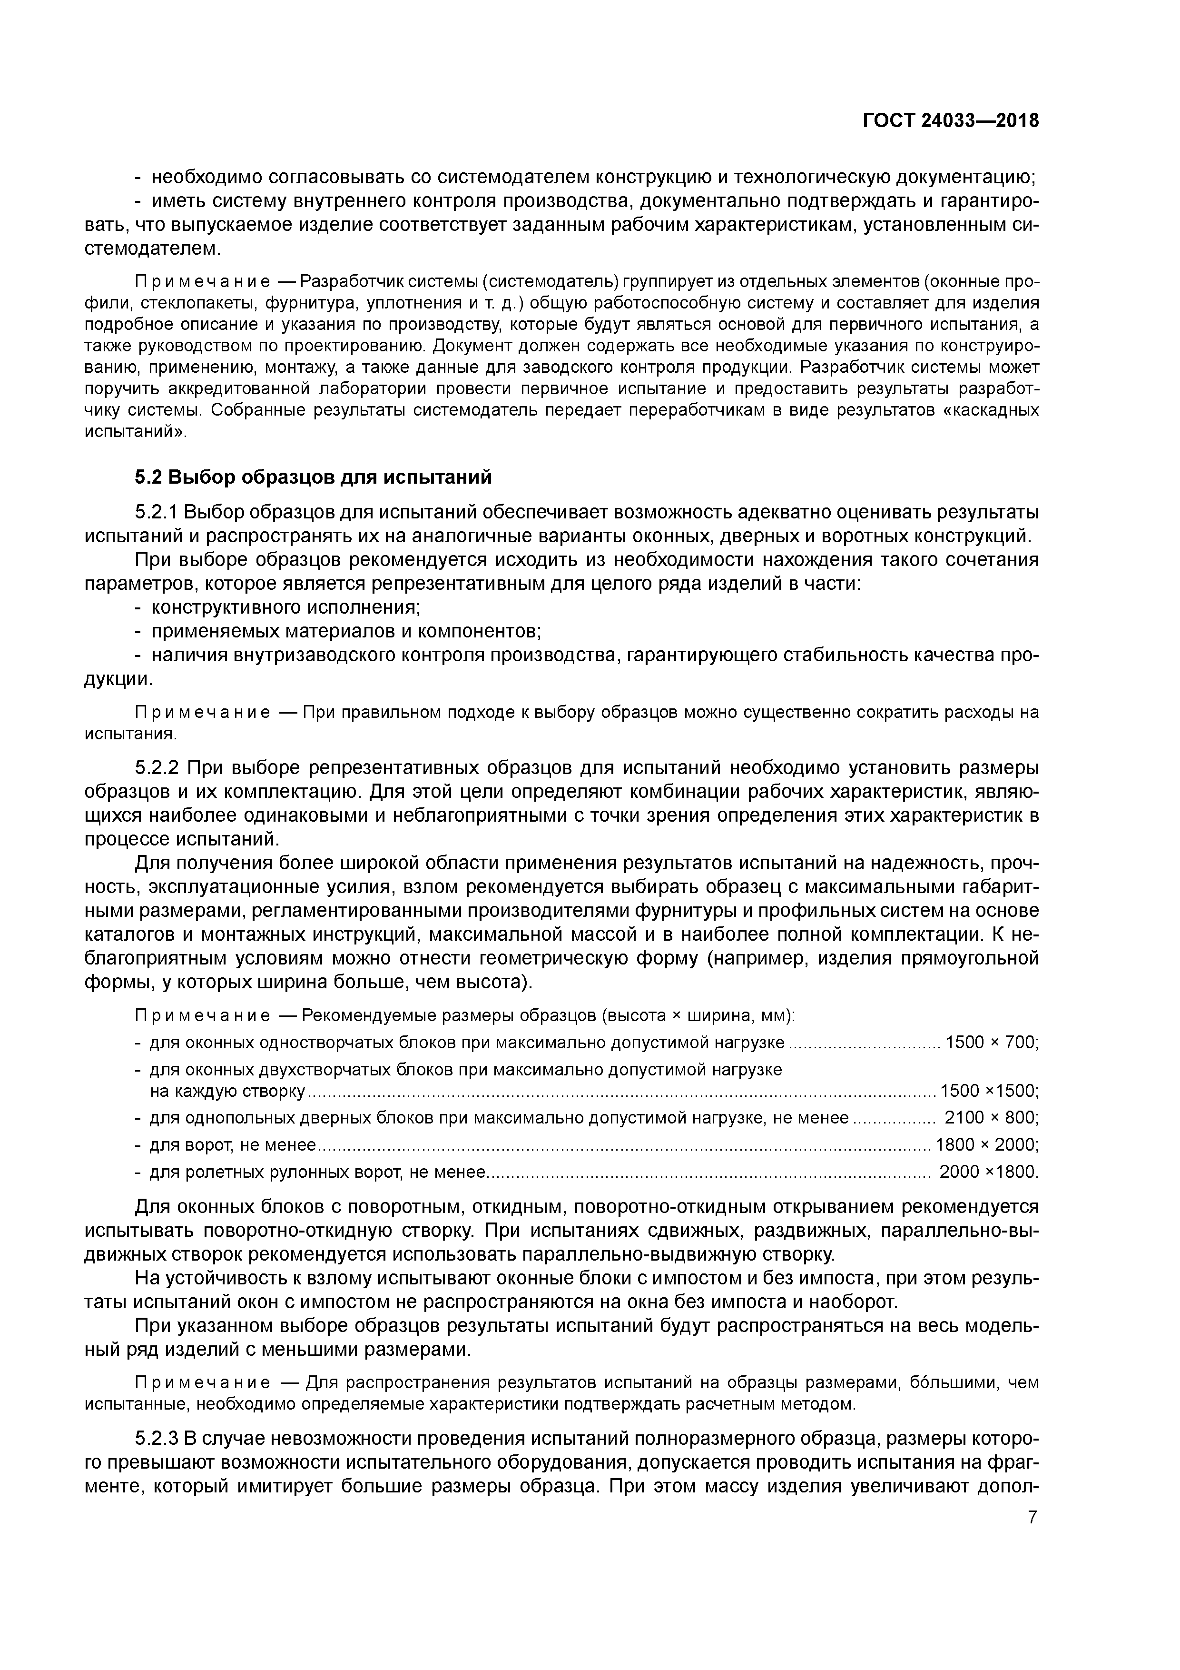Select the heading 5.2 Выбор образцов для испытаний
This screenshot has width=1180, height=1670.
point(314,477)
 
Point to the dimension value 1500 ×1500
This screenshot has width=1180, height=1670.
point(988,1091)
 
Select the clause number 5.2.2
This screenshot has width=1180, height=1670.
point(158,768)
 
